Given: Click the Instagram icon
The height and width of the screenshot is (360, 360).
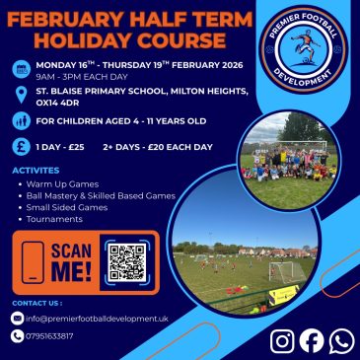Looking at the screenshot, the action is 282,341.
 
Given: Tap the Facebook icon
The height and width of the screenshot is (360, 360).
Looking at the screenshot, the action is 312,341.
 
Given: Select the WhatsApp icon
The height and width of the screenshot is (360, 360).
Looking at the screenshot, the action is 342,342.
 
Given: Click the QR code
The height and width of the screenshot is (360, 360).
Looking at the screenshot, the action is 127,262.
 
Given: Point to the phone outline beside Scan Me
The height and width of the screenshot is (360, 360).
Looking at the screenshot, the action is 33,262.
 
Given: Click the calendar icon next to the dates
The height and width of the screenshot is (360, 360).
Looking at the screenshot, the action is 22,69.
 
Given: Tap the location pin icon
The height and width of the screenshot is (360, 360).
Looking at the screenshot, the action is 22,95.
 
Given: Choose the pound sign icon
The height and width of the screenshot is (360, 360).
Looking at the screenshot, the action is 22,147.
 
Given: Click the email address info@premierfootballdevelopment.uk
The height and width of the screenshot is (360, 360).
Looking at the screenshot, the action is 97,319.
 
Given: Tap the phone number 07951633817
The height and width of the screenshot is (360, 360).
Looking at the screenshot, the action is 49,336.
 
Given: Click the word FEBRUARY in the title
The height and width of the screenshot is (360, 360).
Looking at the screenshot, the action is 67,21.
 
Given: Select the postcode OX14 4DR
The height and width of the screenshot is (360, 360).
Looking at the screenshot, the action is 57,103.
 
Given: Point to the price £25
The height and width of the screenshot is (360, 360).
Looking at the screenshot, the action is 76,147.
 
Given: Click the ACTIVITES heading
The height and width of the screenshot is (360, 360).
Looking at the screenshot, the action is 36,171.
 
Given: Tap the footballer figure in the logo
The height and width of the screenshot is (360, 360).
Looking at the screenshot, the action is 304,46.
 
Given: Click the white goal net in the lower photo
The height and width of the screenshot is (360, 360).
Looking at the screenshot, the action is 287,272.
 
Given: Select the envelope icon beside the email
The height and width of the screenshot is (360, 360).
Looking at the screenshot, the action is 17,319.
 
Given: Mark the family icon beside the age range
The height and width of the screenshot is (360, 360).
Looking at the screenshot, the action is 22,121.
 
